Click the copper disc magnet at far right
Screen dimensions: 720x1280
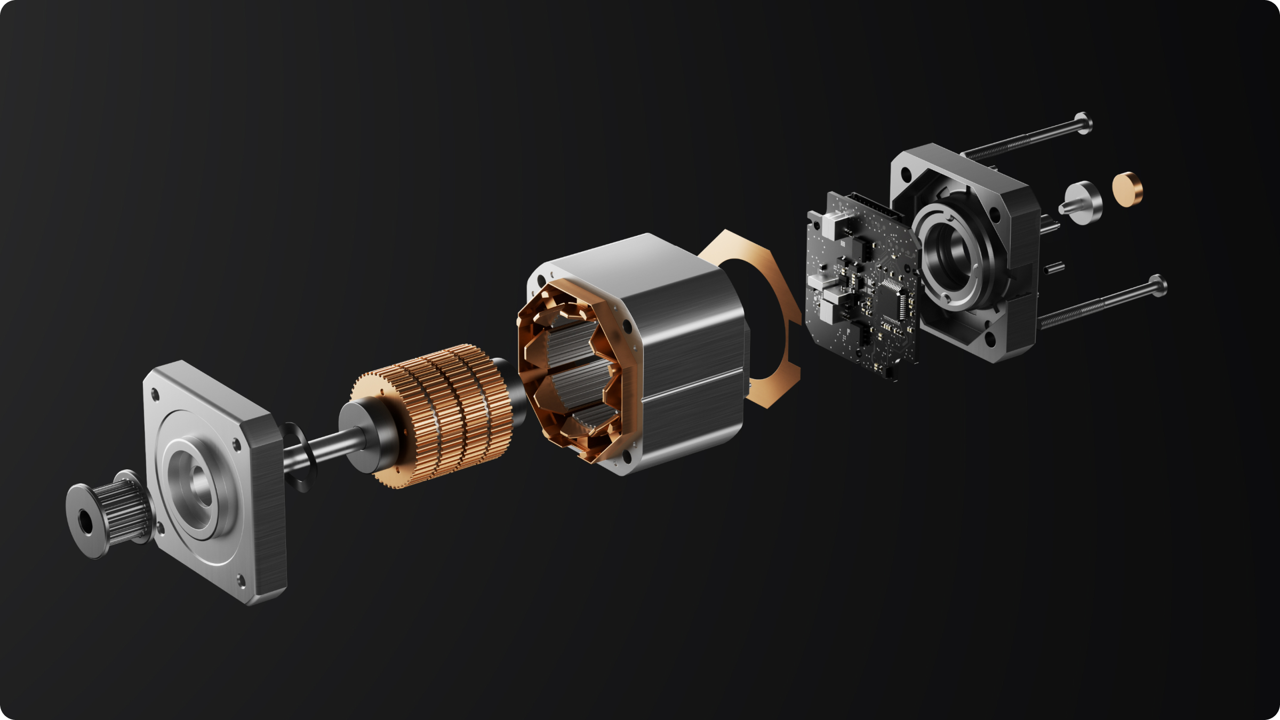coord(1127,188)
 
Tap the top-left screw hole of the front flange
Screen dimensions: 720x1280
coord(156,395)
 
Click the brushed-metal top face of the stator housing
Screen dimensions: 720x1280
coord(640,256)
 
